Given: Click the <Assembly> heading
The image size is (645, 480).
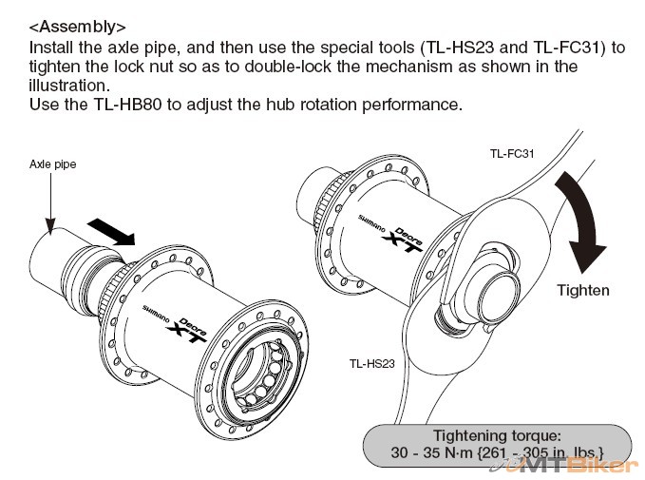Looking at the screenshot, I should point(78,27).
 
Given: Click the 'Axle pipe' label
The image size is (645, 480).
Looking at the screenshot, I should point(52,164).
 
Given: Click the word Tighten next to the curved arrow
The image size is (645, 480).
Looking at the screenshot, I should point(582,290).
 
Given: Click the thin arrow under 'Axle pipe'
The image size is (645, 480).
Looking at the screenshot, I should point(49,200).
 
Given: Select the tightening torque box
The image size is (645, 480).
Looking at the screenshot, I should point(499,442).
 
